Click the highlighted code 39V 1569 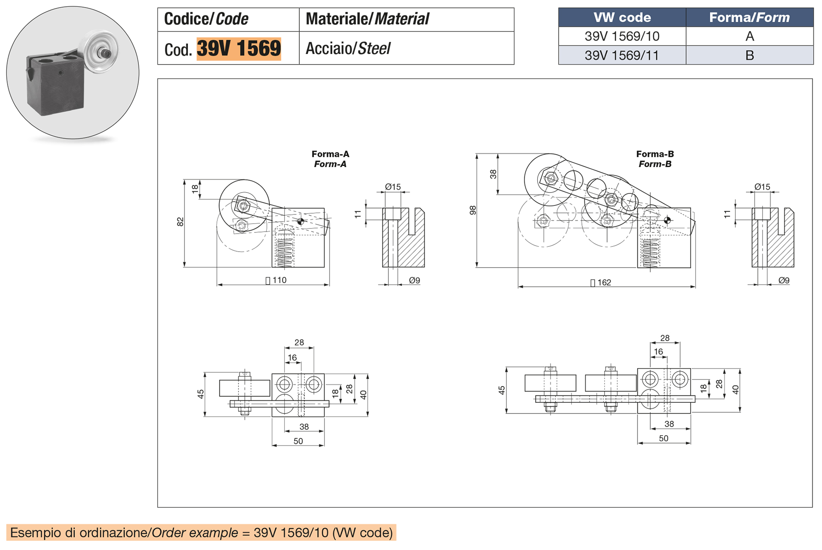click(x=238, y=48)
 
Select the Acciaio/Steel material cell click(x=348, y=48)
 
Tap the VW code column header click(x=622, y=18)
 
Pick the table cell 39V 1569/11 click(x=622, y=55)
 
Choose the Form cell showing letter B click(x=749, y=55)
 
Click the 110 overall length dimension click(x=279, y=280)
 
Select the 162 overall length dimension click(x=604, y=282)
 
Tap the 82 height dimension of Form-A click(x=180, y=222)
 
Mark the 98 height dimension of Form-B click(x=473, y=210)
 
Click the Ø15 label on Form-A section click(x=393, y=187)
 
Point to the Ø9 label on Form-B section click(x=784, y=280)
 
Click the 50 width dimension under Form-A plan click(x=298, y=441)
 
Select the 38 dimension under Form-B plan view click(x=669, y=424)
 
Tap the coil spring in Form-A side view click(x=284, y=253)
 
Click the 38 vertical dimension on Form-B click(x=493, y=174)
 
